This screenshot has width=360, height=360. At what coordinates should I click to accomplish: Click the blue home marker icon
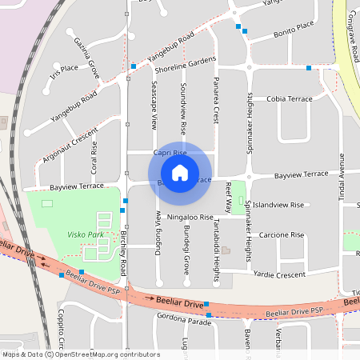(180, 173)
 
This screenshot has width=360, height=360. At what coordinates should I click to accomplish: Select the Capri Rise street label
(170, 153)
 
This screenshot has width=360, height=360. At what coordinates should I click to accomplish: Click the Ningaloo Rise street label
(190, 217)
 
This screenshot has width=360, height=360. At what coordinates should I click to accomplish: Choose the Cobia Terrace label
(290, 98)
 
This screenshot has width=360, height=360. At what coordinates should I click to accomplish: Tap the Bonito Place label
(292, 26)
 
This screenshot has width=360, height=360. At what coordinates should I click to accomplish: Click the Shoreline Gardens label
(186, 61)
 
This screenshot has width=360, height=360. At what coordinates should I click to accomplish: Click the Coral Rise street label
(94, 158)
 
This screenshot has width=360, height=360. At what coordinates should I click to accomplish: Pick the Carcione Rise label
(282, 235)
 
